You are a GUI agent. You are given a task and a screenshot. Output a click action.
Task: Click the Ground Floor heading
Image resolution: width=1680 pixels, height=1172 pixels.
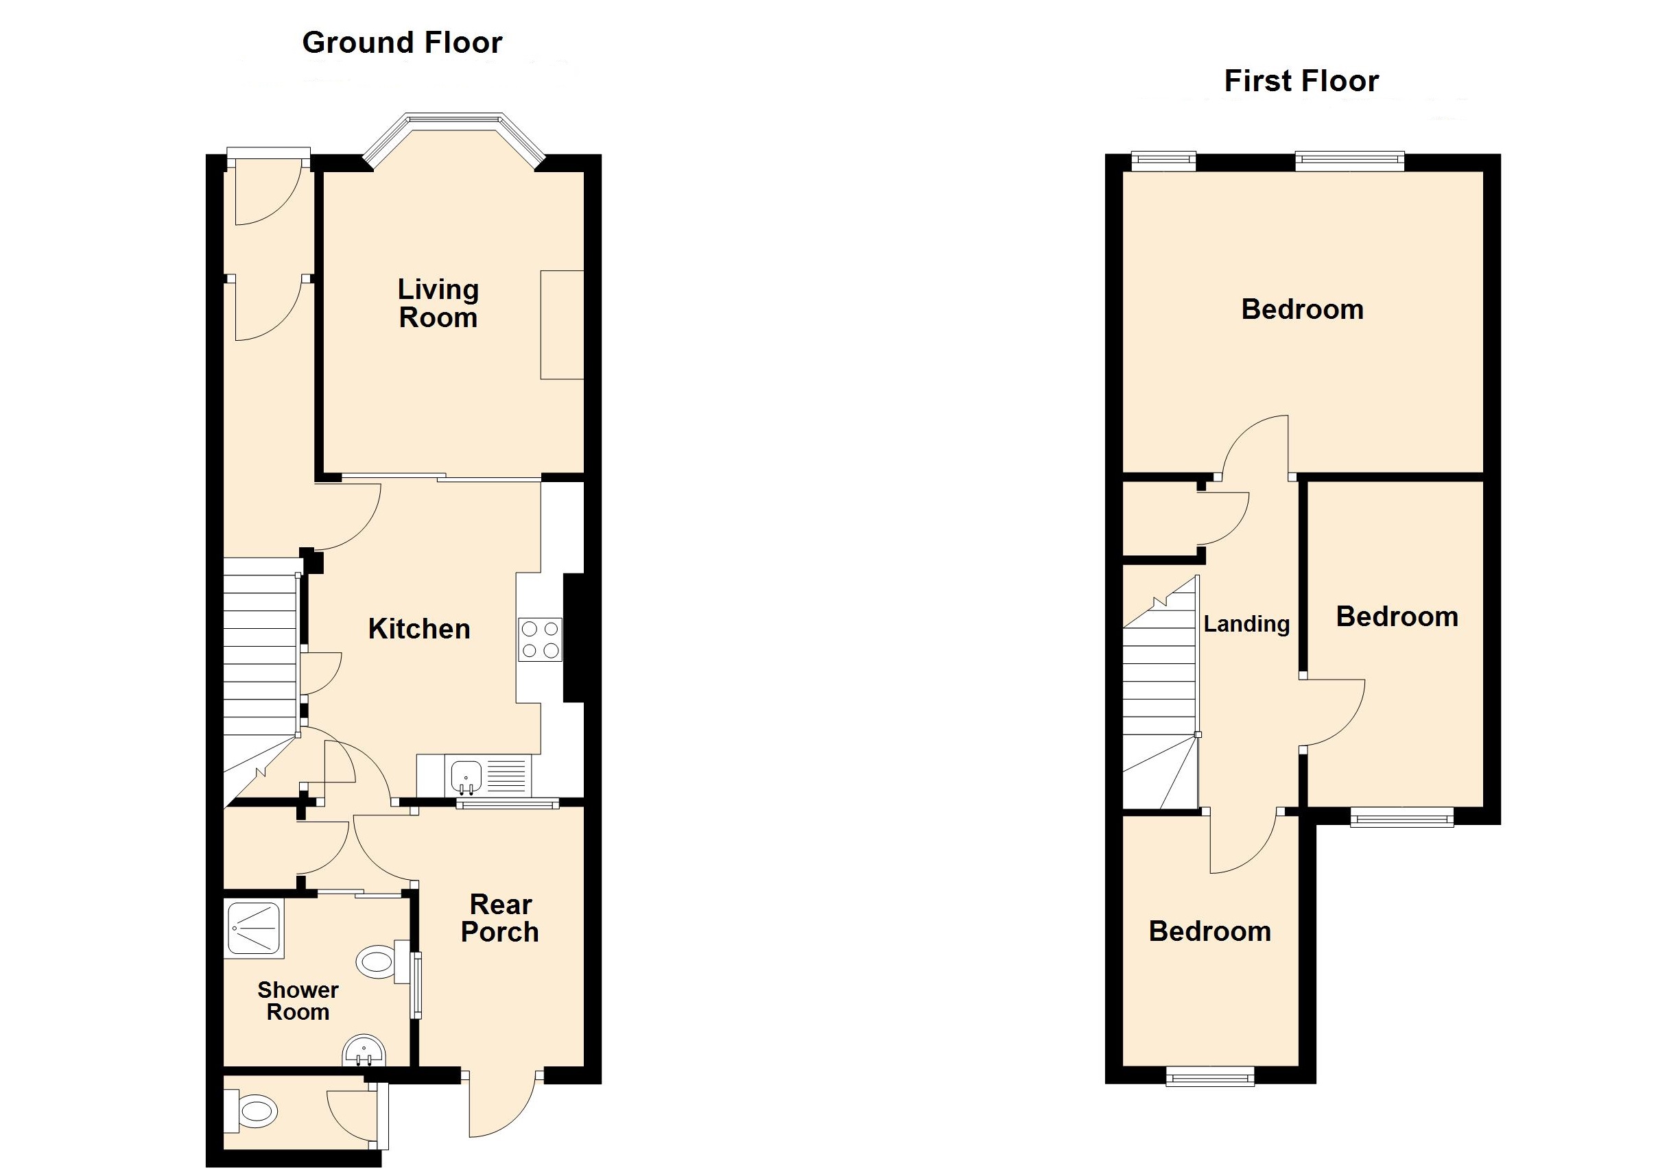(x=402, y=43)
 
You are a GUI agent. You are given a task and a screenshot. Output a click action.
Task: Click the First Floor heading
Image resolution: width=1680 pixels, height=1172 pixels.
(x=1301, y=81)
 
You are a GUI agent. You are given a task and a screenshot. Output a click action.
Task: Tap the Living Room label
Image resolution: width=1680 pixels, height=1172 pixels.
(x=438, y=304)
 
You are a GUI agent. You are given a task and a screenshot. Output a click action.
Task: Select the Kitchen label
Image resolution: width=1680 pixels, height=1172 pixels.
(x=418, y=629)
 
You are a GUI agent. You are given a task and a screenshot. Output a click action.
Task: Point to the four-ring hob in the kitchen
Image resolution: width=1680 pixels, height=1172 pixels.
(x=540, y=639)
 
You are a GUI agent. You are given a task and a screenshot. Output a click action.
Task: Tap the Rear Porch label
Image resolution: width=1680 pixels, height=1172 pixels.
(x=500, y=918)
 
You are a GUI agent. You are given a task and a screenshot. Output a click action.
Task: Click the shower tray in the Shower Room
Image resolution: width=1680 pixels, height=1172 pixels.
(x=254, y=929)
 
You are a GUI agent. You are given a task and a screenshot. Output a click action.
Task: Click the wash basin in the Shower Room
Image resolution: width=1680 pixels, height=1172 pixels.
(x=364, y=1051)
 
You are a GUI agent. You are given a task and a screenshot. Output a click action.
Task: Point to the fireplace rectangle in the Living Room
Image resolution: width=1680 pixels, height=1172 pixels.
(x=562, y=325)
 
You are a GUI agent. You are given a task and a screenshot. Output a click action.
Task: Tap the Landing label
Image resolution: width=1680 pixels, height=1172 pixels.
(x=1246, y=624)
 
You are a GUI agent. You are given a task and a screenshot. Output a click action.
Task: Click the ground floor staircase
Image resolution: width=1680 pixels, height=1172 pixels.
(x=260, y=658)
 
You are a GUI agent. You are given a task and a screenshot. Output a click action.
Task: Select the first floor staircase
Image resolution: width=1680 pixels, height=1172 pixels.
(x=1160, y=702)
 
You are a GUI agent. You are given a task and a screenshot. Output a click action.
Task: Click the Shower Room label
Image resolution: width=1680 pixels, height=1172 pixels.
(x=298, y=1001)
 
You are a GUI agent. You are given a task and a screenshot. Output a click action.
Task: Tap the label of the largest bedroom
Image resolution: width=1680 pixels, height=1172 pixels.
(x=1302, y=309)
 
